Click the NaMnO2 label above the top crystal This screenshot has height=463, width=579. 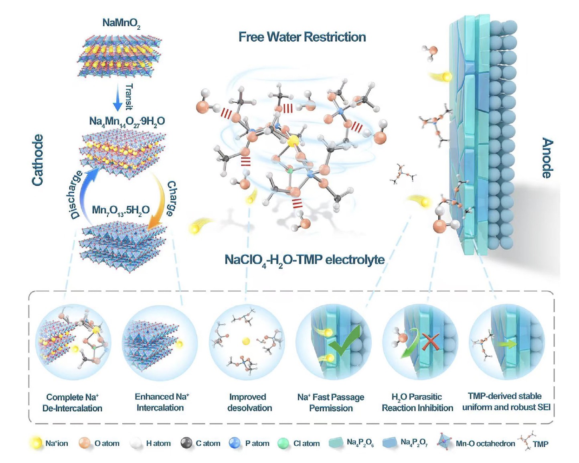(121, 23)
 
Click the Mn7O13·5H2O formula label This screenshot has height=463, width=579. (121, 210)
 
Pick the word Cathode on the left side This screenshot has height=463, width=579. (37, 160)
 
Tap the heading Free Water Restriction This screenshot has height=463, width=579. (302, 37)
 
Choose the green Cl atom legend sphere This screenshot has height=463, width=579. (283, 443)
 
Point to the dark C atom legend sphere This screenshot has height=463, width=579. (186, 443)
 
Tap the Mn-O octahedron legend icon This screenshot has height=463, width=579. (444, 442)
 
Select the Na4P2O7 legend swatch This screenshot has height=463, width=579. (390, 443)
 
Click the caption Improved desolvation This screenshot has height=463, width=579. (249, 402)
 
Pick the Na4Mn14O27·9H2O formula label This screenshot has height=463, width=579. (127, 122)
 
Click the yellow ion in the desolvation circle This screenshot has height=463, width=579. (246, 341)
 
